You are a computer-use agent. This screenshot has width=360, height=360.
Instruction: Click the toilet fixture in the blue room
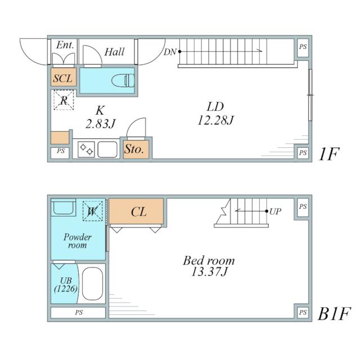click(x=123, y=80)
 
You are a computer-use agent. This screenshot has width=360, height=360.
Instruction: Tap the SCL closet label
click(x=62, y=78)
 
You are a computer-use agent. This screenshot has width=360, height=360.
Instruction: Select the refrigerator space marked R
click(x=64, y=100)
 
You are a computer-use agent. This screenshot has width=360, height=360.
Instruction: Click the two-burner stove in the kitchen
click(x=86, y=150)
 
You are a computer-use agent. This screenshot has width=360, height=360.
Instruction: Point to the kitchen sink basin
click(x=107, y=150)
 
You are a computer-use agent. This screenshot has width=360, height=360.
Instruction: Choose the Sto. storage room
click(x=136, y=150)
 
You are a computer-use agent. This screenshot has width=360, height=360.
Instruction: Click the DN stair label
click(x=170, y=52)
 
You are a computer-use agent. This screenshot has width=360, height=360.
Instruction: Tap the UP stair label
click(x=275, y=211)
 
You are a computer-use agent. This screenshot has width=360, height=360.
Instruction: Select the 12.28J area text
click(x=215, y=120)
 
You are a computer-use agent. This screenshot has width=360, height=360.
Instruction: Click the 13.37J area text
click(x=209, y=272)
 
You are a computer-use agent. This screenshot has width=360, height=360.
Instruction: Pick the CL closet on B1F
click(x=136, y=211)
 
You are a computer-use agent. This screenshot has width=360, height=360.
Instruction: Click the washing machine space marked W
click(x=92, y=211)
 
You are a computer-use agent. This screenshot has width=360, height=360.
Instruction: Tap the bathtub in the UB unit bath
click(x=92, y=283)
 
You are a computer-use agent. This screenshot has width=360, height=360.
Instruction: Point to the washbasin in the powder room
click(x=64, y=208)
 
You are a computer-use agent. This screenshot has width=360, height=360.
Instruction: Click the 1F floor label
click(x=328, y=154)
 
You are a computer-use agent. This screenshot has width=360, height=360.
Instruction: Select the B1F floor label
click(x=334, y=314)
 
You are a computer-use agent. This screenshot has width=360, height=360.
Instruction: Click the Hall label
click(x=114, y=52)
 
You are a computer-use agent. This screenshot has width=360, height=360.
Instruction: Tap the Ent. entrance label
click(x=65, y=45)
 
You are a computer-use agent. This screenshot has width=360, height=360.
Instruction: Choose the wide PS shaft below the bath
click(x=78, y=313)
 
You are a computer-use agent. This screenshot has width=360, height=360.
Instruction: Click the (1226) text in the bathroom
click(x=66, y=289)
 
